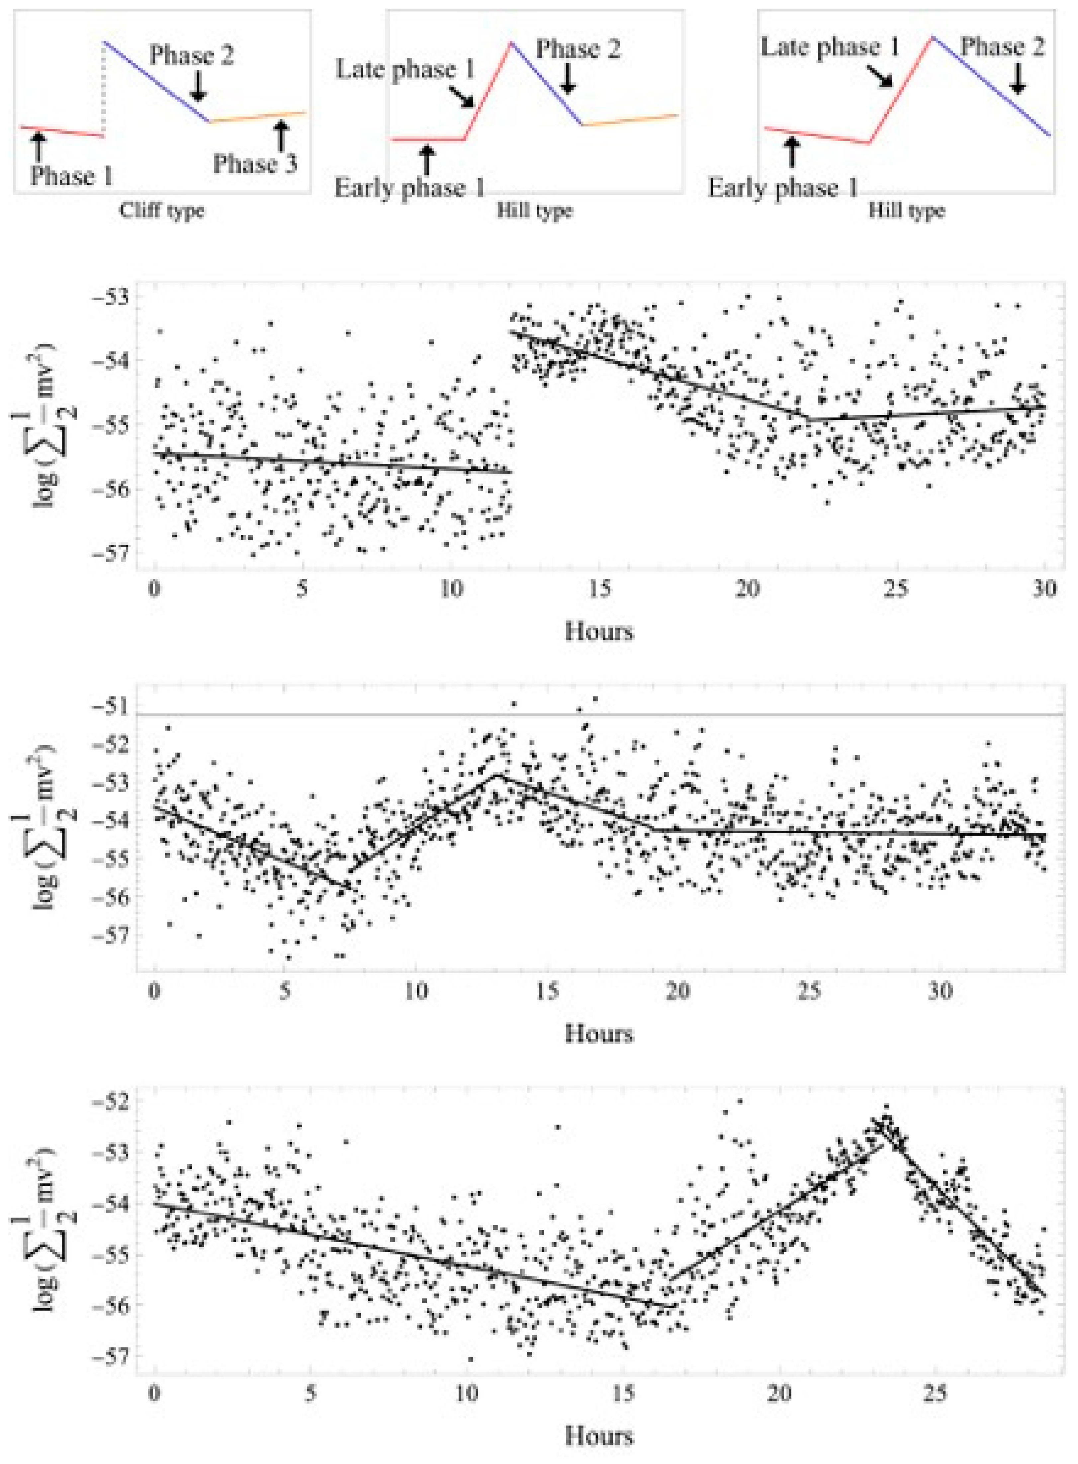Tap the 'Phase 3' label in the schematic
point(254,164)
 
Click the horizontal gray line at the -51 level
point(587,715)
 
